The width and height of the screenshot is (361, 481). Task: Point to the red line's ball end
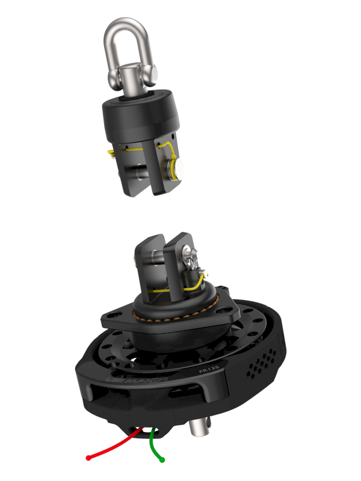[x=88, y=458]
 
